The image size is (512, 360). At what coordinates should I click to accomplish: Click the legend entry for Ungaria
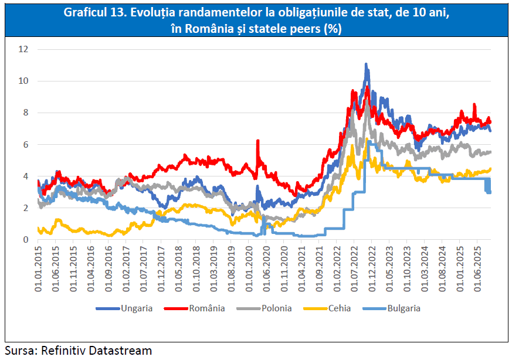[x=137, y=308]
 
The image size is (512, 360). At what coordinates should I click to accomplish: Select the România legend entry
[x=206, y=308]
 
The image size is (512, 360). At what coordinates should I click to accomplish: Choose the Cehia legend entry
[x=340, y=308]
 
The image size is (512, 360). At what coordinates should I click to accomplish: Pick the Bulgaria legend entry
[x=403, y=308]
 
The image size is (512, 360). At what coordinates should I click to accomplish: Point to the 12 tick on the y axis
[x=23, y=49]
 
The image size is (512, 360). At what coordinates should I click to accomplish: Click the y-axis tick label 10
[x=23, y=81]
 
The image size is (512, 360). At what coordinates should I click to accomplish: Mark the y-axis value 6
[x=25, y=144]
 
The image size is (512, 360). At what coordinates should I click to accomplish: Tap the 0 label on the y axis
[x=25, y=239]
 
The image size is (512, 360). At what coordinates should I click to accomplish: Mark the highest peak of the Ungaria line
[x=366, y=64]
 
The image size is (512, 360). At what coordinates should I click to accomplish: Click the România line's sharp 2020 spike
[x=257, y=141]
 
